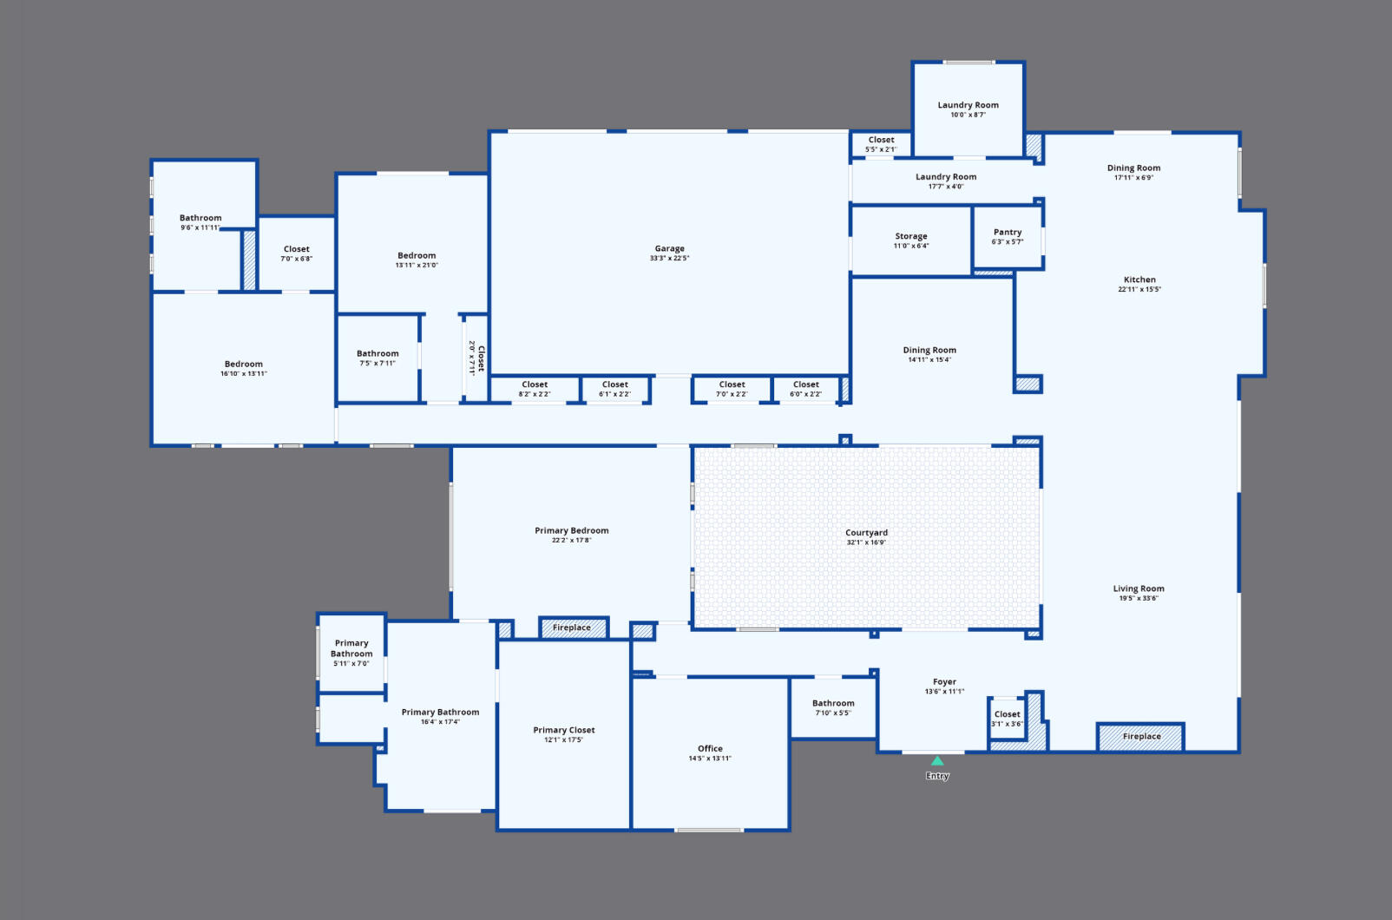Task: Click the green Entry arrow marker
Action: point(937,761)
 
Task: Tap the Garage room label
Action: point(669,248)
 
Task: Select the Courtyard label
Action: point(866,533)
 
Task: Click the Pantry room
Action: point(1008,237)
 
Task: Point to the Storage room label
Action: point(911,236)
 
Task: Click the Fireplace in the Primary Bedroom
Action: point(573,628)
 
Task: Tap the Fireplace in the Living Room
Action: point(1141,737)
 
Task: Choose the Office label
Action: point(710,748)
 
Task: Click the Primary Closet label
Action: point(563,730)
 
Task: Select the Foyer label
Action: point(944,682)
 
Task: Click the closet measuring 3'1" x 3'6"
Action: point(1007,718)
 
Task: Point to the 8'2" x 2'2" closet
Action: point(535,389)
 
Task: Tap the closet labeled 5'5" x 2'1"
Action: point(881,144)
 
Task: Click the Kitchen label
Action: point(1139,279)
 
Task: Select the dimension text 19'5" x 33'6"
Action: point(1139,598)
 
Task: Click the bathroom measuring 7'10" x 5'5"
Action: point(833,708)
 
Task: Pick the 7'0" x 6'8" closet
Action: point(297,253)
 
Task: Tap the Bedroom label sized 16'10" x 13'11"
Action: point(244,365)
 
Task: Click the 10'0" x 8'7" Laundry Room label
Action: point(968,105)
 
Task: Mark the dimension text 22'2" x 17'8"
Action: point(572,540)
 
